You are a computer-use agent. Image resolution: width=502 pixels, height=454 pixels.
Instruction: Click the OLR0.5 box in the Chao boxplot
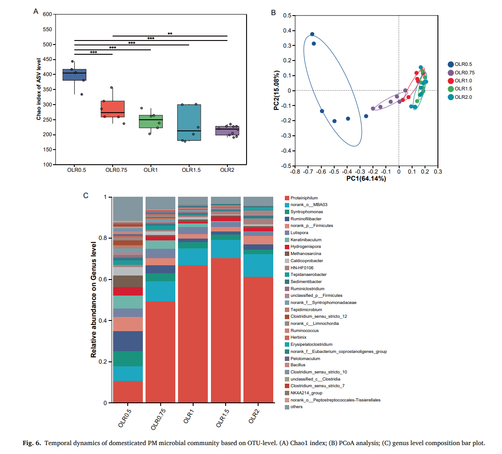coord(74,75)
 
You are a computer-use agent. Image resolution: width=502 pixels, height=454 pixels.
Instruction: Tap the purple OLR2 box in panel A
coord(227,130)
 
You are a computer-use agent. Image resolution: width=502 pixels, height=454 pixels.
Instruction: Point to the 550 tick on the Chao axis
coord(47,30)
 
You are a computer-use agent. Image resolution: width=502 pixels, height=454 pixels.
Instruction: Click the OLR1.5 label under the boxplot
coord(189,170)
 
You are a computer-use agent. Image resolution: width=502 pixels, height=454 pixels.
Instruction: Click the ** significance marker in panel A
coord(170,34)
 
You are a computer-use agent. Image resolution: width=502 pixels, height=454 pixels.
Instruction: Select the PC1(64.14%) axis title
coord(366,179)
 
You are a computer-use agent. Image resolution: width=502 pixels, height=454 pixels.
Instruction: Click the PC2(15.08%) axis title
coord(277,90)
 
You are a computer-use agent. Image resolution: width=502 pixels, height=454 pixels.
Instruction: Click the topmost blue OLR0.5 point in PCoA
coord(312,34)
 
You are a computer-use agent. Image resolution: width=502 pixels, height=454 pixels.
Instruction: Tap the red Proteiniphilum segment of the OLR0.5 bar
coord(128,392)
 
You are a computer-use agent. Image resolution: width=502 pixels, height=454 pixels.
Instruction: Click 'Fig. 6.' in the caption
coord(32,443)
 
